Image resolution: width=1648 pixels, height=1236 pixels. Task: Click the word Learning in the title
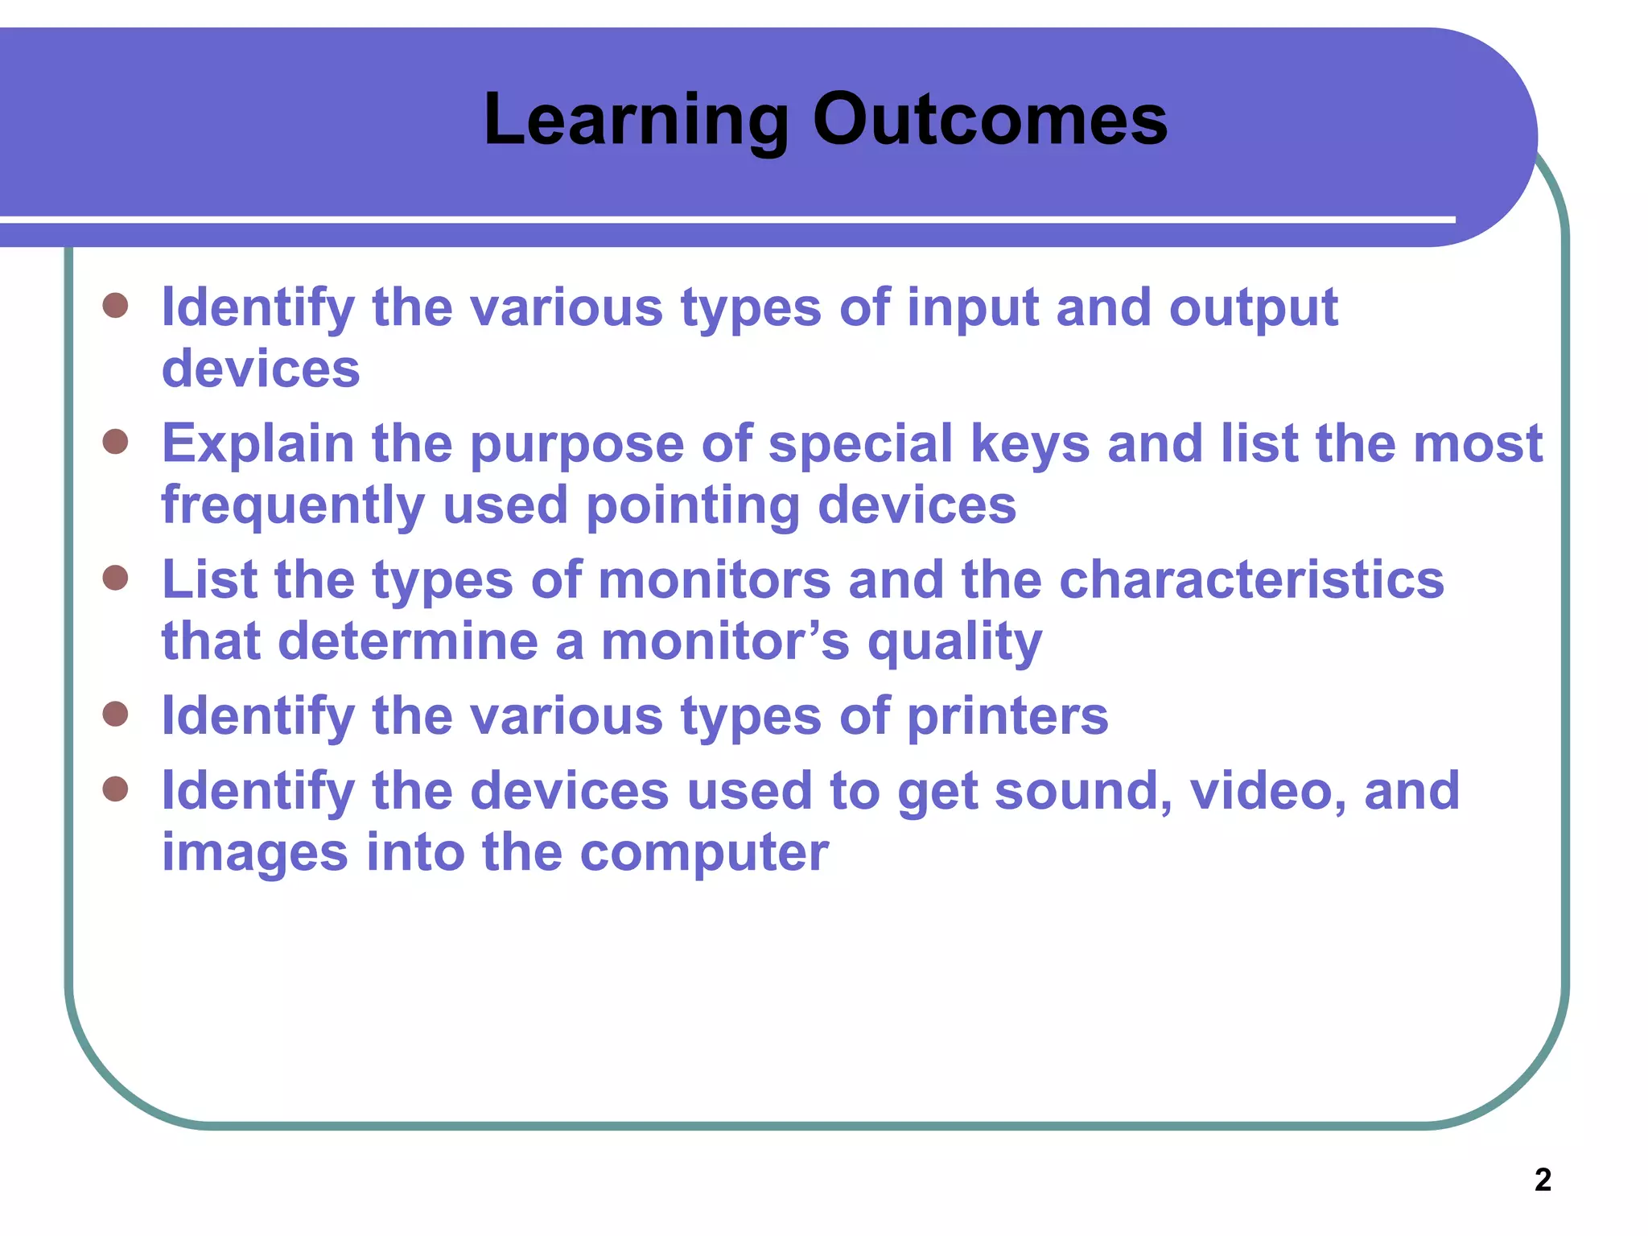pos(636,121)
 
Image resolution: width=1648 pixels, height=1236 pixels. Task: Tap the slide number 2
pos(1543,1180)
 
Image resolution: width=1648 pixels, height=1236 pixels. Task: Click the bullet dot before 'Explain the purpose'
pos(116,442)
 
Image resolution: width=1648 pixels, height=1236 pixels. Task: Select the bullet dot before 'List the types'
pos(116,578)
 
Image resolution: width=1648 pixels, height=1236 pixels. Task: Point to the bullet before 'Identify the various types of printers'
pos(116,714)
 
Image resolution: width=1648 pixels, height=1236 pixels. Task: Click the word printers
pos(1007,716)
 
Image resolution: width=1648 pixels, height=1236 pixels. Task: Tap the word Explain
pos(257,444)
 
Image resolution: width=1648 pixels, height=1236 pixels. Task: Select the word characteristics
pos(1251,580)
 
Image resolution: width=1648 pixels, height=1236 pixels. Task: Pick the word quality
pos(954,643)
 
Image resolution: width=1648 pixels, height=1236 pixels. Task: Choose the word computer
pos(704,853)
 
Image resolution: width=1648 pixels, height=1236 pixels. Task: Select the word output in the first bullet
pos(1253,309)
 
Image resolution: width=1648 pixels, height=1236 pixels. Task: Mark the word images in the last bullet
pos(255,853)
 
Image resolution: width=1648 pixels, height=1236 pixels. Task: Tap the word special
pos(860,444)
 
